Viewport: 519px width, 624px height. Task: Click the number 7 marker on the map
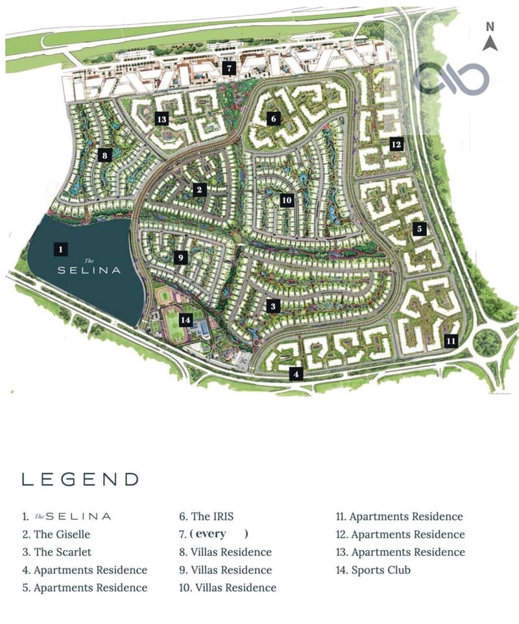(x=228, y=67)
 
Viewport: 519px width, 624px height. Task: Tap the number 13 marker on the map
(x=162, y=119)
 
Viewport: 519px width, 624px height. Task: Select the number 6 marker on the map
(x=273, y=119)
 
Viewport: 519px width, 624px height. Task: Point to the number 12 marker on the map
(x=396, y=144)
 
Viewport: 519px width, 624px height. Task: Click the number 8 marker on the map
(x=103, y=155)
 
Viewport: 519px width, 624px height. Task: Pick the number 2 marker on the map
(x=199, y=189)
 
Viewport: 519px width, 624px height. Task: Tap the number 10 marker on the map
(x=287, y=200)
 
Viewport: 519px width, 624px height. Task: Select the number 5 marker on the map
(x=419, y=228)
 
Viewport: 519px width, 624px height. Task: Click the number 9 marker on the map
(x=181, y=258)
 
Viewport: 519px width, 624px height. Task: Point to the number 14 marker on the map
(x=186, y=319)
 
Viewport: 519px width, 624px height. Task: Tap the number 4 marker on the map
(x=296, y=374)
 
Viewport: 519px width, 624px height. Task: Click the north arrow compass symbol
(x=490, y=38)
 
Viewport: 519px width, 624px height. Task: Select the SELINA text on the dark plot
(x=90, y=270)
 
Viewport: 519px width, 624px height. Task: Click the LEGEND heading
(x=80, y=479)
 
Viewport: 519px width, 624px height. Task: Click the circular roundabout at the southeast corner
(x=487, y=341)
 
